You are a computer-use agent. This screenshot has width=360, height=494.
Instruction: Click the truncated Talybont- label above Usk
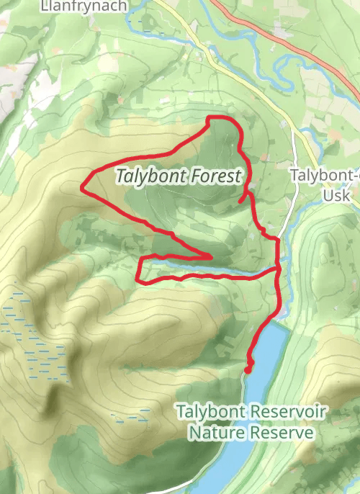(325, 175)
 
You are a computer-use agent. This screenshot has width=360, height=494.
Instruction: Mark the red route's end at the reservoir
(248, 369)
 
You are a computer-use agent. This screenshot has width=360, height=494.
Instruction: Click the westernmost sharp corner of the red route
(81, 191)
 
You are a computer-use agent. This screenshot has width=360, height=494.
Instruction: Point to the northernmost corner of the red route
(209, 117)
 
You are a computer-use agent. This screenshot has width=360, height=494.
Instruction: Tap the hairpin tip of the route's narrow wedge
(211, 256)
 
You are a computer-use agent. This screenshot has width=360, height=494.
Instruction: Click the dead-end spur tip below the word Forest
(240, 202)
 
